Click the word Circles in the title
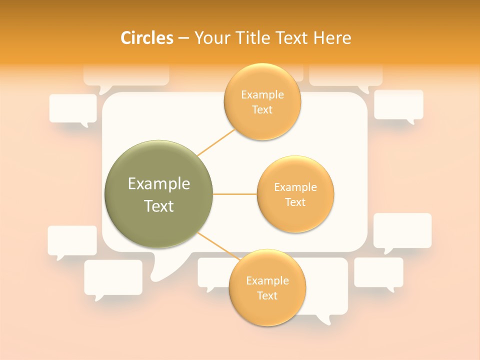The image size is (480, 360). point(147,38)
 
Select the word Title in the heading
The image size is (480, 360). point(255,38)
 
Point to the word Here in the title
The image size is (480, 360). point(332,38)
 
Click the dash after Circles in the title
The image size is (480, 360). point(183,38)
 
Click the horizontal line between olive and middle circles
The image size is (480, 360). point(234,194)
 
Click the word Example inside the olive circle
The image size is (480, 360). point(158,184)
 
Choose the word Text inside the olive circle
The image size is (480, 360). point(158,206)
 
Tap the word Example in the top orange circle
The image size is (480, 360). point(262,95)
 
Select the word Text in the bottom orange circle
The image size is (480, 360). point(267,295)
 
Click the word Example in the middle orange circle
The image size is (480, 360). point(295,187)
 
